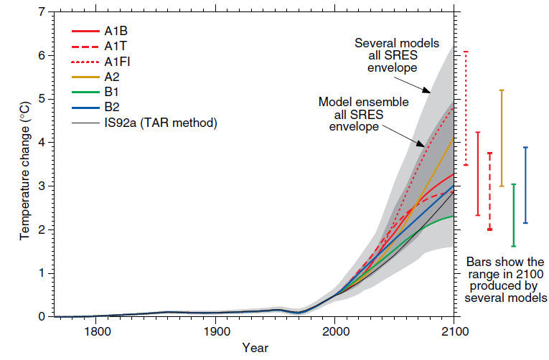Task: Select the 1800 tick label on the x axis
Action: click(97, 331)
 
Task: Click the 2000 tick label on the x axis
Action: click(334, 331)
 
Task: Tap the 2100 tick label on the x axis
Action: click(454, 331)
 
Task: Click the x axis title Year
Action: click(255, 348)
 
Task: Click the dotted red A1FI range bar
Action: click(466, 108)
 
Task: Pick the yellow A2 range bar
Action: click(502, 138)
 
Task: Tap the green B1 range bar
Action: click(514, 215)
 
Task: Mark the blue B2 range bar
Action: click(526, 185)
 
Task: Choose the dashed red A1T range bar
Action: click(489, 191)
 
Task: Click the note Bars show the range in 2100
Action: click(505, 280)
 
